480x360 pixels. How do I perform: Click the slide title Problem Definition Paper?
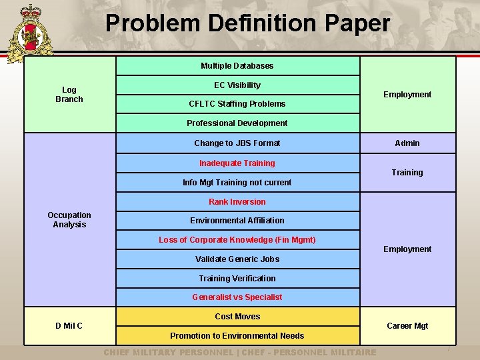tap(247, 23)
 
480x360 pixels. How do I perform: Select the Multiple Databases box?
tap(237, 66)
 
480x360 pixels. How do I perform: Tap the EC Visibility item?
tap(237, 85)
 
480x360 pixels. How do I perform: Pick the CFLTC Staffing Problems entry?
tap(237, 104)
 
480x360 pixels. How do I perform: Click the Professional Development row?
tap(237, 123)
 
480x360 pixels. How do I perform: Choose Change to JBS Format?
tap(237, 143)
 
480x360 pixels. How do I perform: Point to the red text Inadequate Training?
tap(237, 163)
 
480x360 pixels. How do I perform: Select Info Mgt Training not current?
tap(237, 183)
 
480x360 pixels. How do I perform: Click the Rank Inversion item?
tap(237, 202)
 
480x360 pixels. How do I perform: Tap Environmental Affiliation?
tap(237, 221)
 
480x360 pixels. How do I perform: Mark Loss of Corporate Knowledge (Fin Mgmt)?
tap(237, 240)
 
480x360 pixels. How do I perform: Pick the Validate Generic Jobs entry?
tap(237, 259)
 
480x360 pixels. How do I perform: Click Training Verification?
tap(237, 279)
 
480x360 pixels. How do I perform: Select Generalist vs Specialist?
tap(237, 297)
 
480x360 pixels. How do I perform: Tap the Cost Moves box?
tap(237, 317)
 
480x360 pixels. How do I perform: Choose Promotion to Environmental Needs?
tap(237, 336)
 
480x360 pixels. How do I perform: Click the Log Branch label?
tap(69, 95)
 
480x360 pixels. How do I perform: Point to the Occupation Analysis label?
tap(69, 220)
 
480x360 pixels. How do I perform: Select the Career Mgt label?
tap(407, 326)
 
